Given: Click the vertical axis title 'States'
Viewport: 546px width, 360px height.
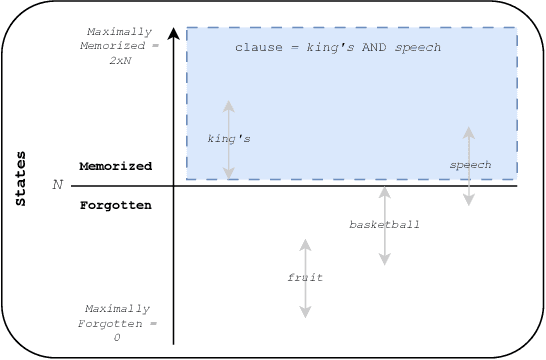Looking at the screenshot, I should (x=21, y=179).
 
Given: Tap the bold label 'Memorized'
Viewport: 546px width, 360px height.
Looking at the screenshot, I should (x=115, y=166).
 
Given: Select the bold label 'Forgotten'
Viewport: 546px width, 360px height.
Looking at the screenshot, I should (x=115, y=205).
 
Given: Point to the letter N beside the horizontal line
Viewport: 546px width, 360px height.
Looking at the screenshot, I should (x=57, y=185).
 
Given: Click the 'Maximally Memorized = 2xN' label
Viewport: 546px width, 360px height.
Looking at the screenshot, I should (x=120, y=46).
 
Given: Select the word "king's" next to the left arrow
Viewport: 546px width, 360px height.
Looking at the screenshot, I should (x=228, y=138).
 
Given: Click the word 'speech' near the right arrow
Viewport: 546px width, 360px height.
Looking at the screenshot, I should (x=470, y=163).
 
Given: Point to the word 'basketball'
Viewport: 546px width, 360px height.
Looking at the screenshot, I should (x=384, y=224).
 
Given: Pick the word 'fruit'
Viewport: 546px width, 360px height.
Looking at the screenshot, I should (x=305, y=277).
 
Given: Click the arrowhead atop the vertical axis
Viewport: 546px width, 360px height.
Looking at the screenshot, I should (x=174, y=33).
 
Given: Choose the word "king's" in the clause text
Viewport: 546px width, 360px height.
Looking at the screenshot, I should (x=328, y=47).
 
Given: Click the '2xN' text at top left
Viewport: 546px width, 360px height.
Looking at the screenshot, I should (x=120, y=60).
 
